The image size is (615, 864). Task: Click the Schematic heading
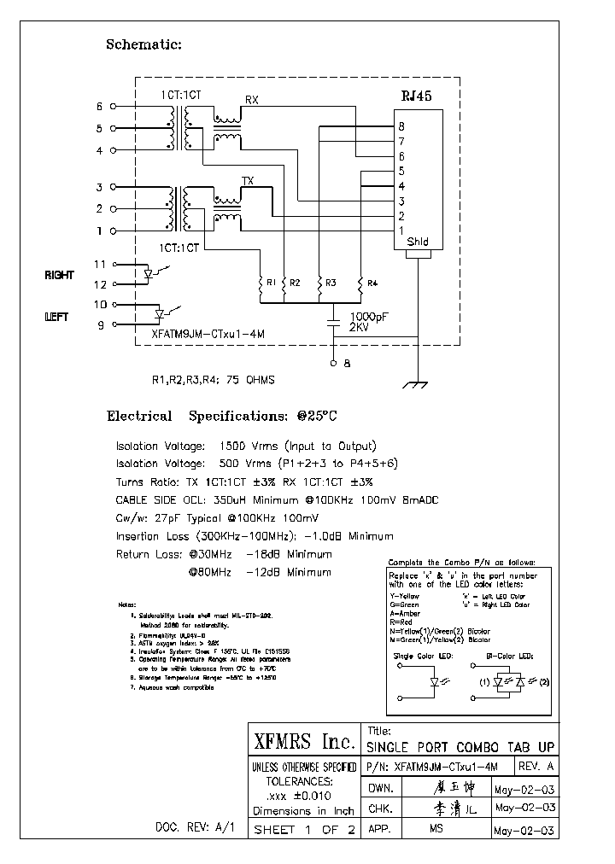pyautogui.click(x=143, y=44)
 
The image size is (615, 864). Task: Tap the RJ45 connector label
pyautogui.click(x=417, y=96)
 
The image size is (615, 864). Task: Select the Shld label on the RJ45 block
pyautogui.click(x=417, y=242)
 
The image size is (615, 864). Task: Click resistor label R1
pyautogui.click(x=271, y=282)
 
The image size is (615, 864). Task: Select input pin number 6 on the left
pyautogui.click(x=99, y=107)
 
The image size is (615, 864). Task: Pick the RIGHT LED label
pyautogui.click(x=59, y=275)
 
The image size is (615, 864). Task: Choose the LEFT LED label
pyautogui.click(x=56, y=317)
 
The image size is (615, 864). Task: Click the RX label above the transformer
pyautogui.click(x=251, y=100)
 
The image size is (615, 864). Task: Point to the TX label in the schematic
pyautogui.click(x=248, y=180)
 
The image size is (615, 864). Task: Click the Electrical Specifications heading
pyautogui.click(x=221, y=417)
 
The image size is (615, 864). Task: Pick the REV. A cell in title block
pyautogui.click(x=536, y=766)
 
